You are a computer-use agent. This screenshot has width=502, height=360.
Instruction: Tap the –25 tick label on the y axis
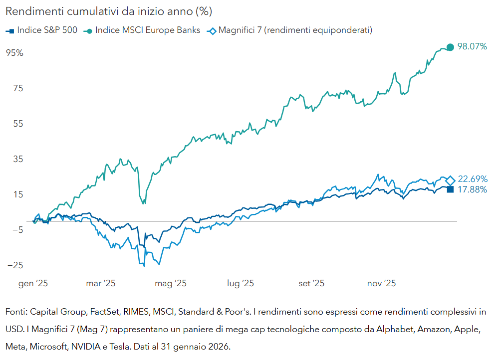15,266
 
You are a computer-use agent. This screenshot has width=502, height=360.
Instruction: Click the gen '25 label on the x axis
33,283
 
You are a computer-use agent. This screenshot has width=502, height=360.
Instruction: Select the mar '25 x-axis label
101,283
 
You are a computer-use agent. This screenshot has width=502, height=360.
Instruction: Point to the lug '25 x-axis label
241,283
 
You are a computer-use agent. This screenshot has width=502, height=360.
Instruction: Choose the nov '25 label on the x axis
382,283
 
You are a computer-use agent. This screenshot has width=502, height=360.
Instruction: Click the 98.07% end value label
473,46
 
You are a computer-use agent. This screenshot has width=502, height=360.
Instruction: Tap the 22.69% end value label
473,179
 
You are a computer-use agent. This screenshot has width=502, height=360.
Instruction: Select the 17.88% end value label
473,189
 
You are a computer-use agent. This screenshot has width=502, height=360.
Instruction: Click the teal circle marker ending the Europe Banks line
450,47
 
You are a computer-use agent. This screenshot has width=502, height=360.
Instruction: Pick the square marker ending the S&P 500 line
450,189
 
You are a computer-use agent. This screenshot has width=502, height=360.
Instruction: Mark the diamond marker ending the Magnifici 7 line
450,180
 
